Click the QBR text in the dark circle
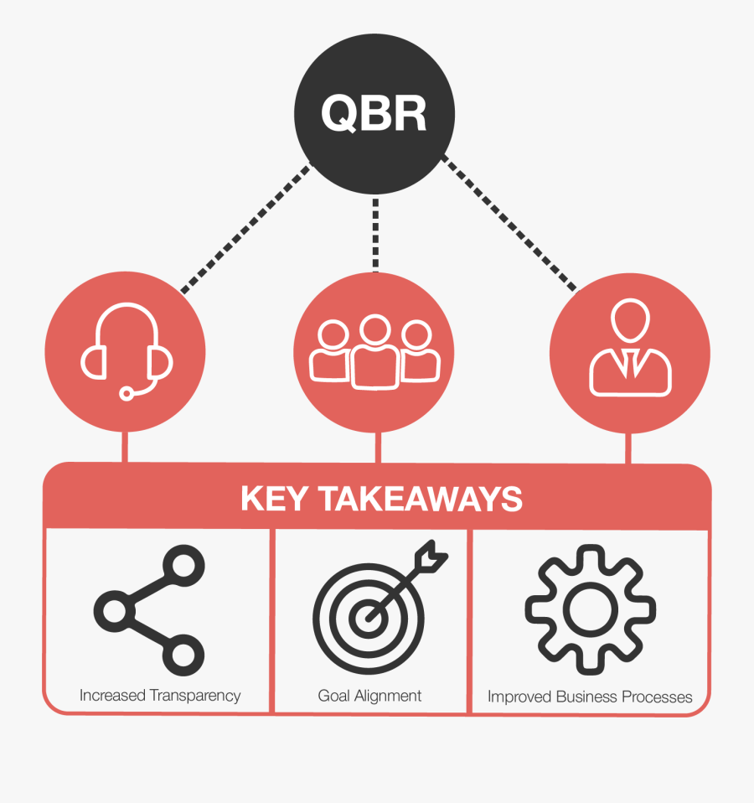point(374,115)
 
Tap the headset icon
point(127,351)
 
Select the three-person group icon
point(374,353)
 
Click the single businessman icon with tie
point(630,349)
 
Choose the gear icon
point(590,609)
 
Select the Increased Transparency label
point(160,696)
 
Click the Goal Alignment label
point(369,696)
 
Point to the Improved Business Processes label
point(590,697)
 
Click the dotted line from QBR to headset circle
point(245,228)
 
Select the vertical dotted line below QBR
point(375,235)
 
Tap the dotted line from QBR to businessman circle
point(509,224)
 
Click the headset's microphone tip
point(127,392)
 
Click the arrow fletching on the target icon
point(435,553)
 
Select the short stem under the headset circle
point(126,446)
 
